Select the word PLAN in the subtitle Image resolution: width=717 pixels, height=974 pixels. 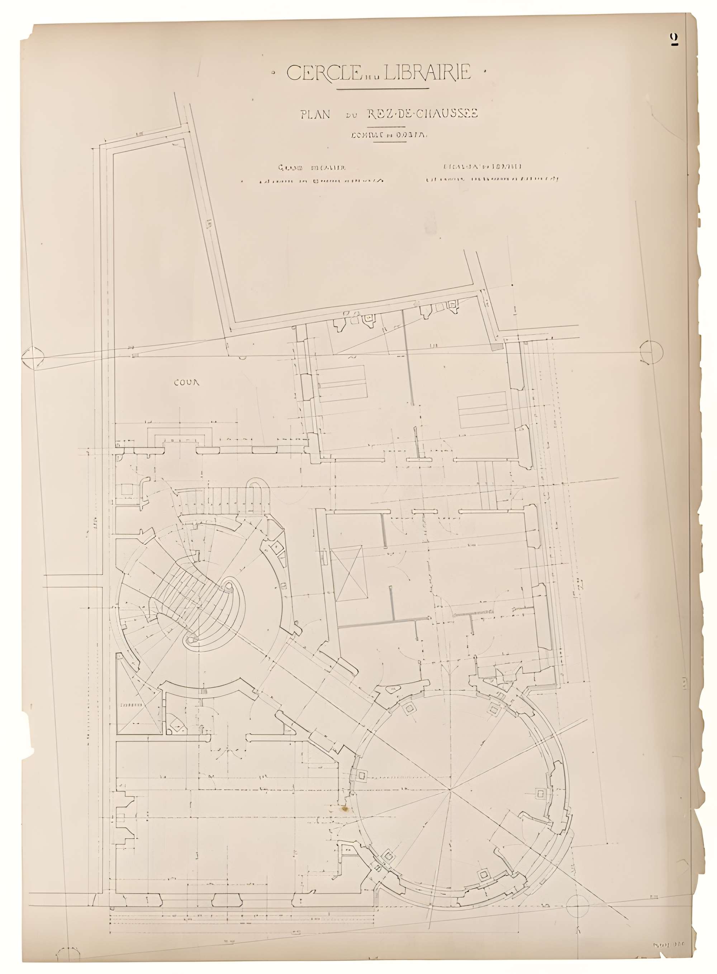315,114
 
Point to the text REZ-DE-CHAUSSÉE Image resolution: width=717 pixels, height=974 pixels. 422,114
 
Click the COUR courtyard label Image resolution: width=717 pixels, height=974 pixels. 187,382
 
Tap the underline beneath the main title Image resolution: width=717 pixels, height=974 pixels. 383,89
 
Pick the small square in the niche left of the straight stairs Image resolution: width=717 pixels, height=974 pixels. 127,489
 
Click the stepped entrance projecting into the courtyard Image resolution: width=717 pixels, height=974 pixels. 180,436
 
